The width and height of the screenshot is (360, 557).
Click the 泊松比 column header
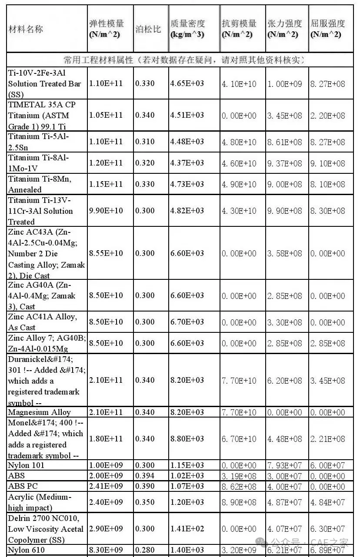(x=148, y=29)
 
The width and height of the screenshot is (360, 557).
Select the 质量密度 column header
(x=187, y=29)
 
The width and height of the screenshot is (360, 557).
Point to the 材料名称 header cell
(x=26, y=29)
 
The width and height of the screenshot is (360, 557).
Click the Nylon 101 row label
(x=26, y=465)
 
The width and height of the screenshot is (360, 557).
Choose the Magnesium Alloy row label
(x=39, y=412)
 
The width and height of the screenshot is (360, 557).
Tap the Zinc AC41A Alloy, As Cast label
(x=42, y=322)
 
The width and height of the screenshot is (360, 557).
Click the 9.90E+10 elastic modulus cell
(x=106, y=211)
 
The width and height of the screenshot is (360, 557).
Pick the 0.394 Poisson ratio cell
(x=145, y=476)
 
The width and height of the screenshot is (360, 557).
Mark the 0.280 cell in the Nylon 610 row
(x=145, y=550)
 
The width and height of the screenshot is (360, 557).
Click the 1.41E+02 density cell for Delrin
(x=187, y=529)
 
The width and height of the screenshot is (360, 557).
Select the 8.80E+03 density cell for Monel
(x=187, y=439)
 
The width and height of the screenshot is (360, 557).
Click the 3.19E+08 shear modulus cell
(x=239, y=476)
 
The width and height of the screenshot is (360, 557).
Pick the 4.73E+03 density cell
(x=187, y=184)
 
